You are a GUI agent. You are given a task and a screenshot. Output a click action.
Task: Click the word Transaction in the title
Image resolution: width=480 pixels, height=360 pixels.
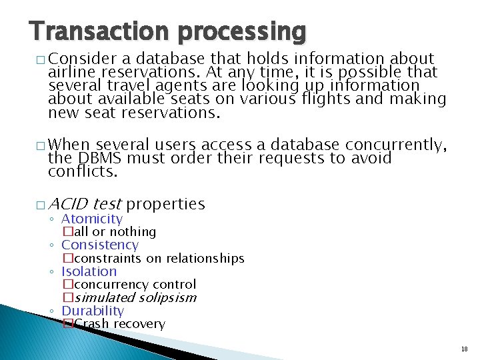[x=91, y=31]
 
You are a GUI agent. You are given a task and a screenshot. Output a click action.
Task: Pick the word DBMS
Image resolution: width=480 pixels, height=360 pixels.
[x=101, y=158]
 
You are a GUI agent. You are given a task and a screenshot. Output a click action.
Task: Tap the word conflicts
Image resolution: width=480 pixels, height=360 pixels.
[x=82, y=171]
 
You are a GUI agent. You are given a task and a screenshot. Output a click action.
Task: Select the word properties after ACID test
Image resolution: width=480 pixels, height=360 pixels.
[x=165, y=204]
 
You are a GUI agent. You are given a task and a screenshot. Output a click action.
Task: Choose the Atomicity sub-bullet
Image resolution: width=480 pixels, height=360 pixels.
[x=92, y=219]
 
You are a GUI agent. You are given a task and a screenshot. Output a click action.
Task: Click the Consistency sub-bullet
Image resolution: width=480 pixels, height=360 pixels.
[x=99, y=245]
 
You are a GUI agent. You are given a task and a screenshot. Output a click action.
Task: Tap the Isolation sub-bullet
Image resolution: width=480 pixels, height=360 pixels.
[x=89, y=271]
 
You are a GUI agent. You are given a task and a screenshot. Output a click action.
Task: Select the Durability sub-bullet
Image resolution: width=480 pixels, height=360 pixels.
[x=93, y=311]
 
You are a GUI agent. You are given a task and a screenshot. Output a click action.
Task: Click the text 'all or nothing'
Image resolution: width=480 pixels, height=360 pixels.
[x=114, y=232]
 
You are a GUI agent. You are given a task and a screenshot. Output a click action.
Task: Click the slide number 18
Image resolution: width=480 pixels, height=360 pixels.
[x=464, y=349]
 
